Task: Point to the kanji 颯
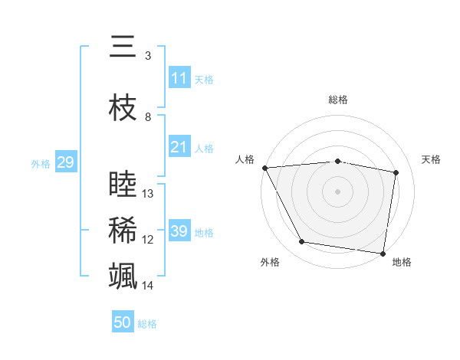123,275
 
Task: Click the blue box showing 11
179,77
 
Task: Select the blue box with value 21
179,147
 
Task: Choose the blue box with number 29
65,162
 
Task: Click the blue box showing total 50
123,322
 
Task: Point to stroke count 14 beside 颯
149,286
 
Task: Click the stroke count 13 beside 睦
149,194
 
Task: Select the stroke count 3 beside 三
148,56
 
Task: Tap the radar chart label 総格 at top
338,100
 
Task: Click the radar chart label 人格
245,159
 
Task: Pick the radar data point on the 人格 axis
264,168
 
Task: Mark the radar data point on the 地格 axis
383,253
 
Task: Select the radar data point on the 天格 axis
396,172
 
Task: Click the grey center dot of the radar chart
338,191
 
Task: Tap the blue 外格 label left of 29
41,163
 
